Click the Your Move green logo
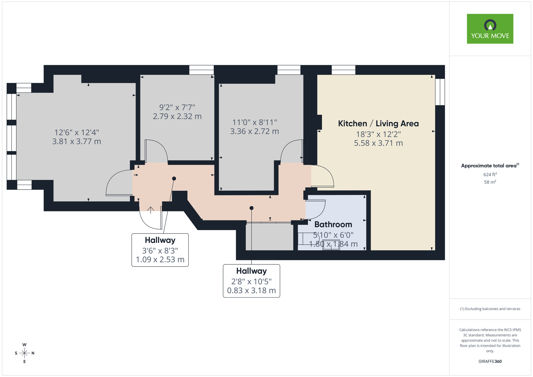[490, 29]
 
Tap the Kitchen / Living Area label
[378, 124]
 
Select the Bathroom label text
[333, 224]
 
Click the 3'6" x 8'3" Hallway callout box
[160, 250]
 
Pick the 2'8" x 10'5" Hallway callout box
[251, 281]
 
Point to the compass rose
[25, 353]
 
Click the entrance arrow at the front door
[151, 210]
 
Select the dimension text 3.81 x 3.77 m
[76, 142]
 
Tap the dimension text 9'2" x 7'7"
[177, 107]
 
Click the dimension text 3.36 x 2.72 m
[255, 131]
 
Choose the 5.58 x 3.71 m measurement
[378, 143]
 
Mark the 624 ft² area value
[490, 175]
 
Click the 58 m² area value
[490, 182]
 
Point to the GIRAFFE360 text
[490, 362]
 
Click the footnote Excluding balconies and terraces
[490, 309]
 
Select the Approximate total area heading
[490, 166]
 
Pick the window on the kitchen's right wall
[440, 92]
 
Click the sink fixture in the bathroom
[331, 245]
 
